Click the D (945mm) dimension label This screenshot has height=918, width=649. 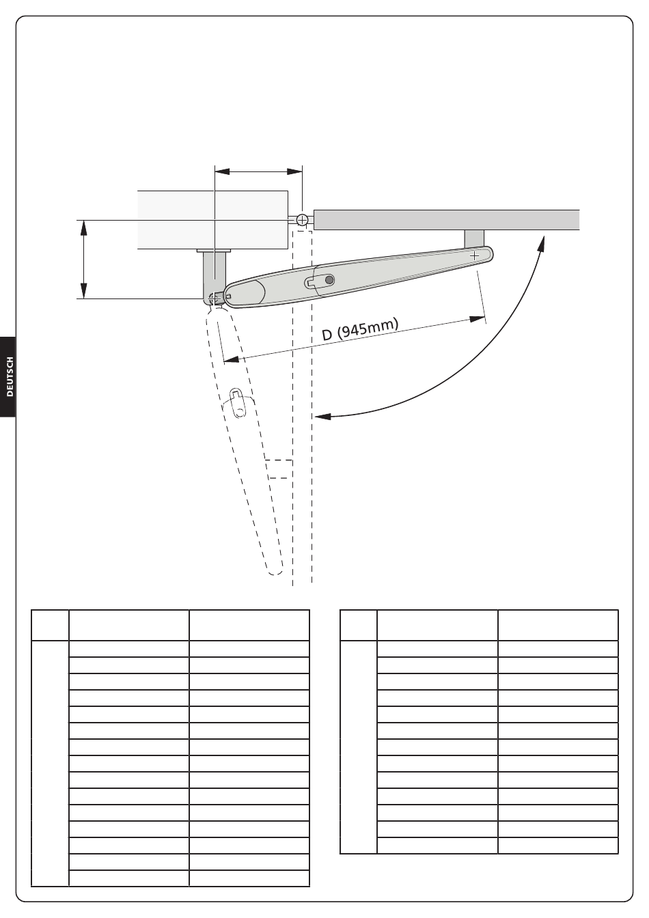pos(360,329)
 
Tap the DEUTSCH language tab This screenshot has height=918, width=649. pos(10,376)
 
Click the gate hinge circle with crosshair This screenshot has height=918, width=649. pos(302,220)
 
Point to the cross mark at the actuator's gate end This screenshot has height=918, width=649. pos(474,256)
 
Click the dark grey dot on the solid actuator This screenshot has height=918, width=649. pos(329,280)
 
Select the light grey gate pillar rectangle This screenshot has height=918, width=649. pos(212,220)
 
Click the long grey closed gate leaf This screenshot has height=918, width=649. pos(447,220)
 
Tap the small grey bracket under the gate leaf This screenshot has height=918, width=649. pos(474,238)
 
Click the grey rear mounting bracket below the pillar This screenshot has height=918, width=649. pos(215,275)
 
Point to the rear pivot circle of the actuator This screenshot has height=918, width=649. pos(214,298)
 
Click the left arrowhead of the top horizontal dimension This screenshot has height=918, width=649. pos(222,171)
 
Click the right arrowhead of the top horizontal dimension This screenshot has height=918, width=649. pos(294,171)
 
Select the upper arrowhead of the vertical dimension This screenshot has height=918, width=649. pos(83,227)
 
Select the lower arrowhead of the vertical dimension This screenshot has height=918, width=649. pos(83,292)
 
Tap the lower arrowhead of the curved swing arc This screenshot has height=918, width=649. pos(322,417)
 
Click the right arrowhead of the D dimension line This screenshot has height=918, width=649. pos(478,319)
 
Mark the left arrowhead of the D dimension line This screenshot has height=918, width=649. pos(231,359)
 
